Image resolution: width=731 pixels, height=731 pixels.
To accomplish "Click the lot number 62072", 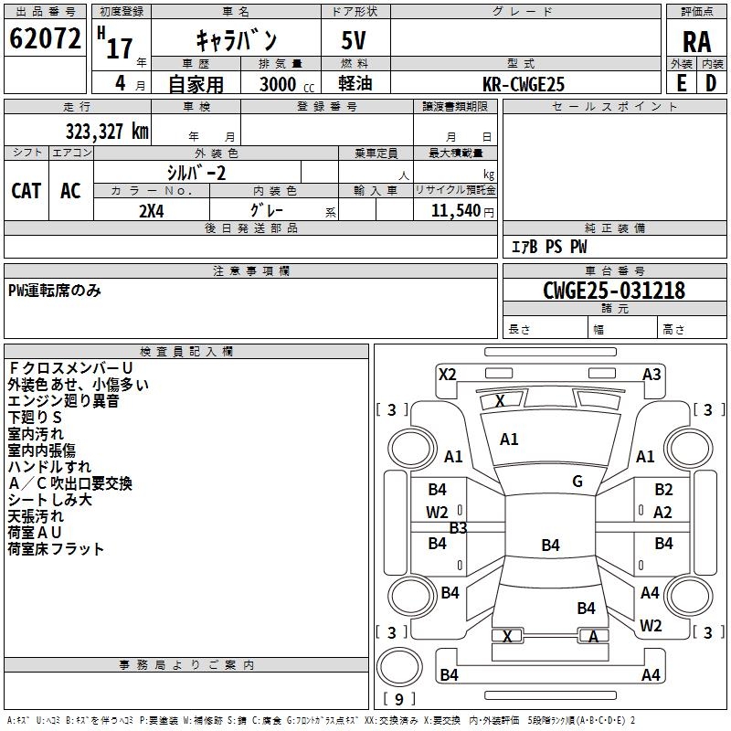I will [45, 38].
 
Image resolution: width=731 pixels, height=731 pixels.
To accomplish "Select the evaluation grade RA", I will [696, 40].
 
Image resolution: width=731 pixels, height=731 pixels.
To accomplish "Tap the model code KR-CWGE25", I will [524, 84].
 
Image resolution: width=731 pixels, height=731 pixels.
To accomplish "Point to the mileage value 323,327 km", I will [107, 131].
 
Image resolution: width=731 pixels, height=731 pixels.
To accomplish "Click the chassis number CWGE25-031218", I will [613, 291].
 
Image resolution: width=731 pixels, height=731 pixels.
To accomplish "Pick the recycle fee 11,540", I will [454, 210].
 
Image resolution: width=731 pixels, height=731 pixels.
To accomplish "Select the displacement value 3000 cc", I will [283, 84].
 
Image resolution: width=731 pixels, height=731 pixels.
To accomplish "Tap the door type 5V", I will [355, 40].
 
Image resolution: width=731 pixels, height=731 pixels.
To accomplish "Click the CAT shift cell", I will [26, 190].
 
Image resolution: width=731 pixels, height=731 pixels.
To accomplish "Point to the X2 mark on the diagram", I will [447, 374].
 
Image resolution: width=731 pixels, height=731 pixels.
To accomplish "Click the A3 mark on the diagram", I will [652, 374].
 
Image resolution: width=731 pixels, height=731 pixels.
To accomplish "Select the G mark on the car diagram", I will [577, 482].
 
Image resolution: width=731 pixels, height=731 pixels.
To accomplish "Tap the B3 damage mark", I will [458, 527].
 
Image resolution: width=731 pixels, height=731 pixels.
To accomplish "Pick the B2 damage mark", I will [663, 490].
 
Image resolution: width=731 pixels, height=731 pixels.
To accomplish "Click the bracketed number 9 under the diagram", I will [398, 699].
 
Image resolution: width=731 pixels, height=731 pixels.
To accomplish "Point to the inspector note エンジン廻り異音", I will [63, 401].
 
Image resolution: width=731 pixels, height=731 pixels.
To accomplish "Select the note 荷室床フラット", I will [56, 549].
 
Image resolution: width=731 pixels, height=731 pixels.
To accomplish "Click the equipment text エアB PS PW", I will [548, 247].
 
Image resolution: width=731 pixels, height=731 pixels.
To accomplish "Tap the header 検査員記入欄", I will [186, 351].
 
